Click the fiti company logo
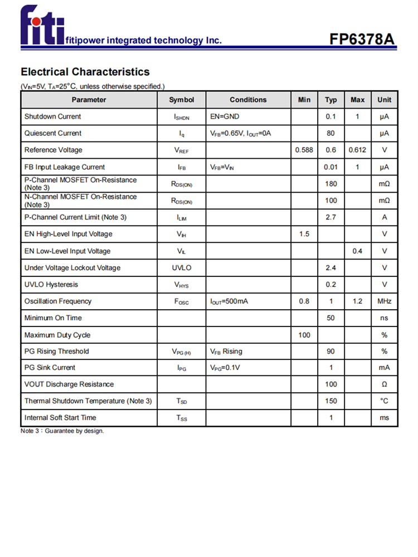tap(42, 26)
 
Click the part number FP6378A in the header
tap(362, 40)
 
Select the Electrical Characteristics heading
tap(85, 72)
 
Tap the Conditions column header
tap(248, 100)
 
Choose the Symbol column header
tap(182, 100)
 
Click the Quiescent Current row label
tap(53, 133)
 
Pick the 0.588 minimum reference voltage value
tap(304, 150)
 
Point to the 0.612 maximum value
tap(357, 150)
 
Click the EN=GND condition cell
tap(225, 116)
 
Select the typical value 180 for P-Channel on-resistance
tap(331, 184)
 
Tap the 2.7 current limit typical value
tap(331, 217)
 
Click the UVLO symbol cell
tap(182, 268)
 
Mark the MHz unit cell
tap(385, 301)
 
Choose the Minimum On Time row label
tap(53, 318)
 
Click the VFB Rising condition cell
tap(226, 351)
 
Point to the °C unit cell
tap(385, 401)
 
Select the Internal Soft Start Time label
tap(60, 418)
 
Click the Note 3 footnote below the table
tap(62, 431)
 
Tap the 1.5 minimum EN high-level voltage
tap(304, 234)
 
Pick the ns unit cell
tap(385, 318)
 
